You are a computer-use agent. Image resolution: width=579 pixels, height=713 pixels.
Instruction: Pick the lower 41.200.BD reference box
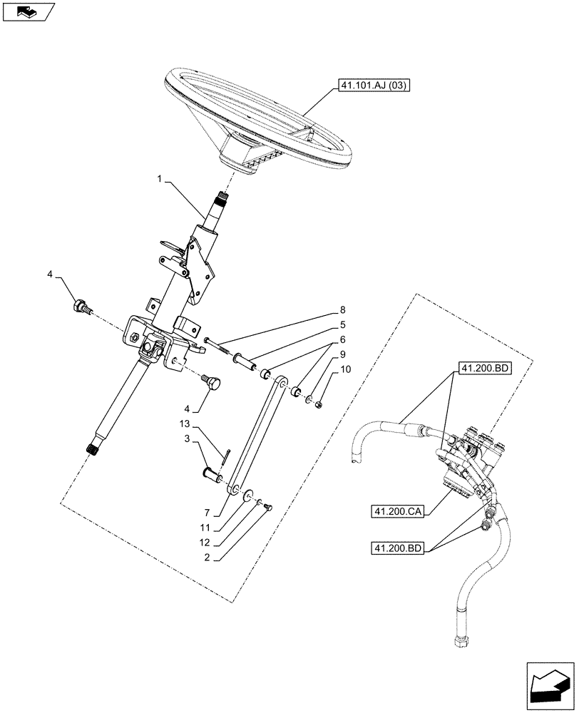pyautogui.click(x=396, y=548)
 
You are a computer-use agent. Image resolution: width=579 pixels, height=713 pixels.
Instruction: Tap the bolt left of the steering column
pyautogui.click(x=81, y=307)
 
